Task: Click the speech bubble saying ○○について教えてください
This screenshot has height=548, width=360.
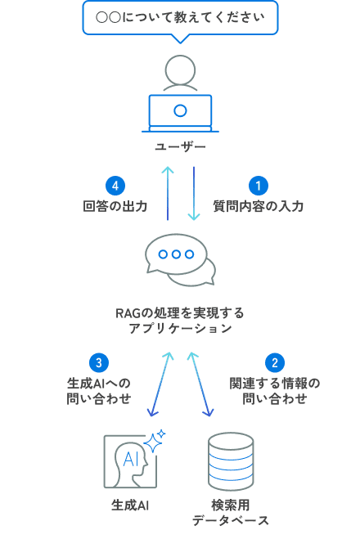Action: coord(180,17)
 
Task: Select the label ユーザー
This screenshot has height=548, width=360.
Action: coord(180,147)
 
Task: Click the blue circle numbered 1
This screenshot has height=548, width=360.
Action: coord(258,186)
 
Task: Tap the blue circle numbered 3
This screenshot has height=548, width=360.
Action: coord(98,362)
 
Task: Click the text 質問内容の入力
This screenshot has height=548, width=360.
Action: coord(259,206)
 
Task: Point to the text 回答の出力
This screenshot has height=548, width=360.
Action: coord(115,206)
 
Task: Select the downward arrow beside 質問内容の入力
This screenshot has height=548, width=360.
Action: coord(194,193)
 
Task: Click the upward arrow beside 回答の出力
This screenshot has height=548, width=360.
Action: coord(167,193)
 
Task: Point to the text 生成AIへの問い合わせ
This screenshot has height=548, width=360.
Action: coord(98,391)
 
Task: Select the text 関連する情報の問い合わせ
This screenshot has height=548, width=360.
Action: coord(275,391)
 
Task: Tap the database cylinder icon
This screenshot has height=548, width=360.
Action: coord(231,460)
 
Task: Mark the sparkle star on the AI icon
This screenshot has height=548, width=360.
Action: coord(154,442)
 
